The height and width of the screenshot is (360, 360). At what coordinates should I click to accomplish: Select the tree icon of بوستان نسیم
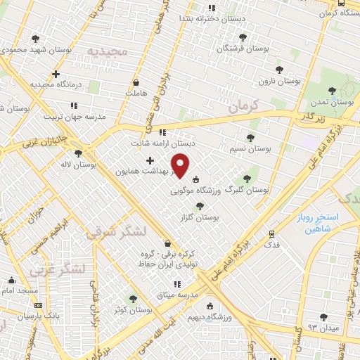pyautogui.click(x=250, y=138)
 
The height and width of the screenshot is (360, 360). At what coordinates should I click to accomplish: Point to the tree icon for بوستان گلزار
pyautogui.click(x=200, y=206)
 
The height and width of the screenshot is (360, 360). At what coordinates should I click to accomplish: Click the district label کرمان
pyautogui.click(x=243, y=107)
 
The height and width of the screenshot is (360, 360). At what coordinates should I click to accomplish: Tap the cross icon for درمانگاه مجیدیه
pyautogui.click(x=56, y=74)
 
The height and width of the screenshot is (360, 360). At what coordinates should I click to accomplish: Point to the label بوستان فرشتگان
pyautogui.click(x=243, y=48)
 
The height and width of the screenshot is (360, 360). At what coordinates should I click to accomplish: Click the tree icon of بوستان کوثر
pyautogui.click(x=133, y=299)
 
